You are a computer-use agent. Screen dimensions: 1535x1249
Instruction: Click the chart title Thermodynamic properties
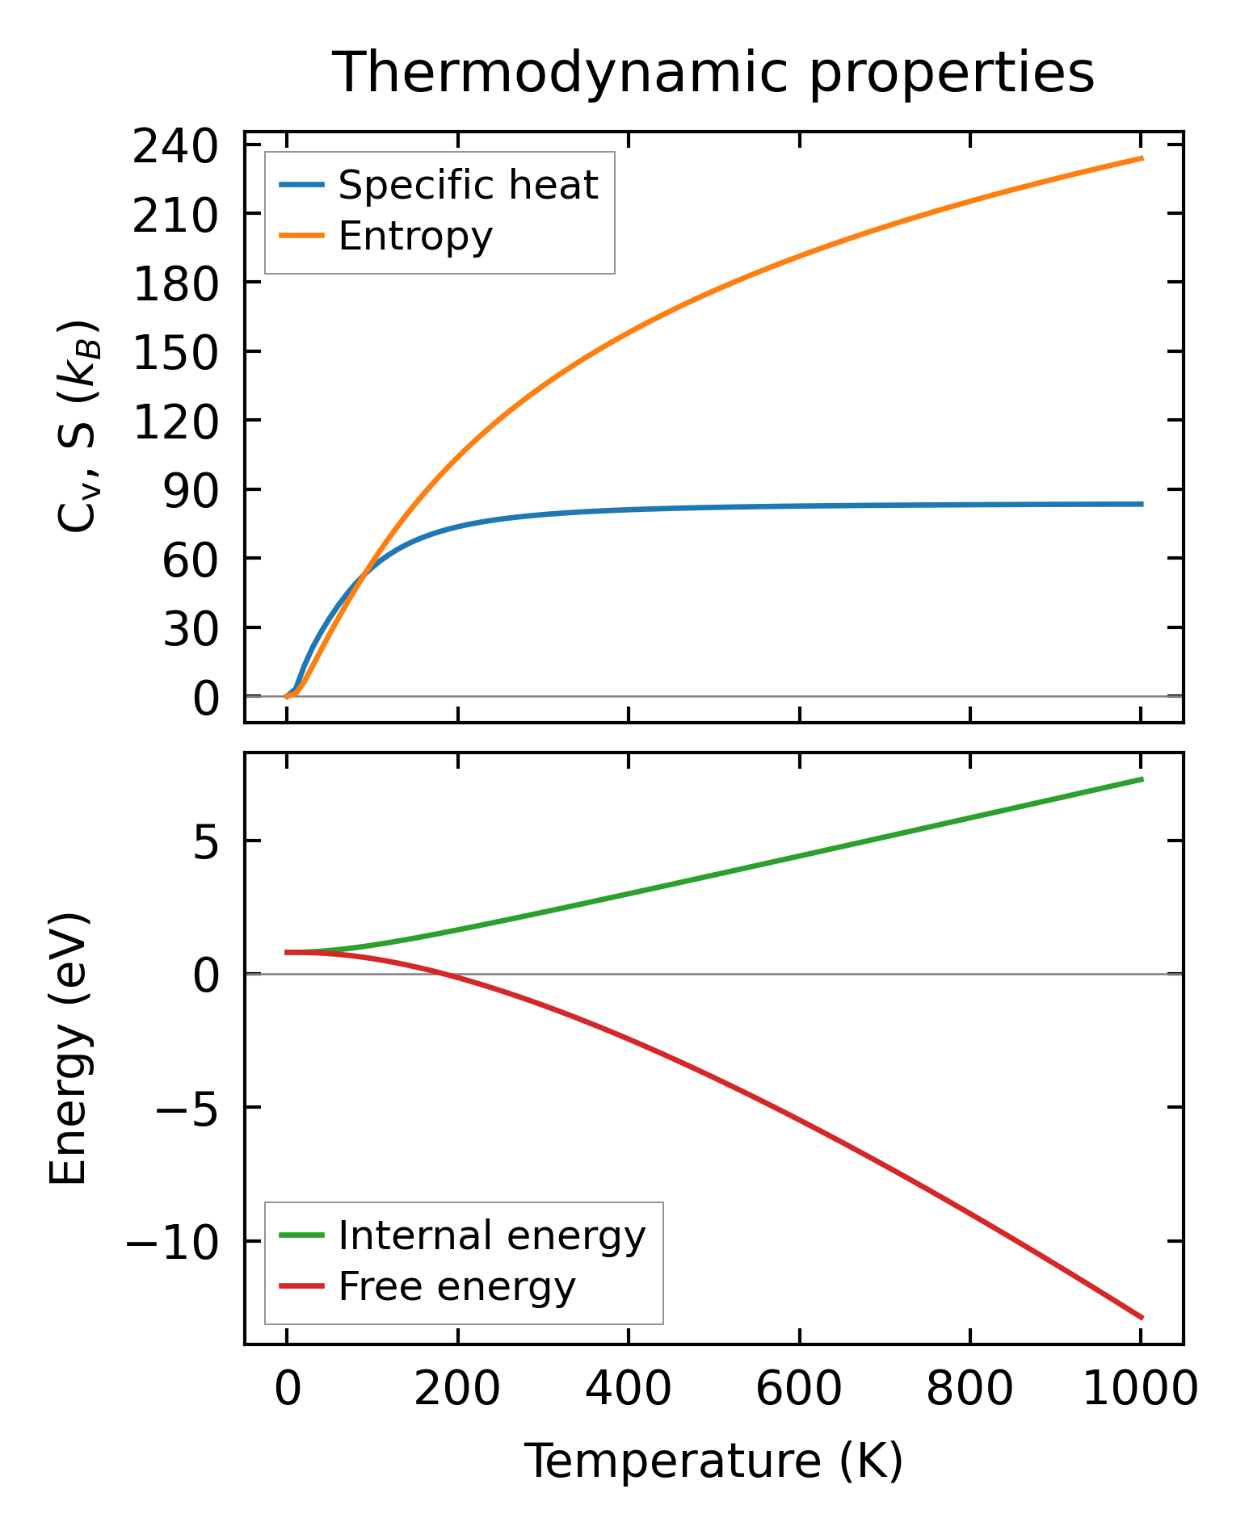713,73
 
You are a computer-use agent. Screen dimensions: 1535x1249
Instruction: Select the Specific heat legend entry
468,185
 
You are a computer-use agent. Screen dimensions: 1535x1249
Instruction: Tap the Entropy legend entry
415,236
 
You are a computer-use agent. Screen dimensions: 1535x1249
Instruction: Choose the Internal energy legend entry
492,1236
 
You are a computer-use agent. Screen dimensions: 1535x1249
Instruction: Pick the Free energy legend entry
456,1286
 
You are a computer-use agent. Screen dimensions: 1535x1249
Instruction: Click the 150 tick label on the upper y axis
175,354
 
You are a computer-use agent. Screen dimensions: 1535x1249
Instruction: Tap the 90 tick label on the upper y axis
191,492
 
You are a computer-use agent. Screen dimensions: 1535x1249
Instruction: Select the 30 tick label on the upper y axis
191,630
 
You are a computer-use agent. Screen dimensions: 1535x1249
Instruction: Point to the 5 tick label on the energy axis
206,843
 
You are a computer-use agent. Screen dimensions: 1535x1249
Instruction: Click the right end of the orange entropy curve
1142,158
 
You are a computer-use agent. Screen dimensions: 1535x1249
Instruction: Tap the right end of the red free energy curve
1142,1318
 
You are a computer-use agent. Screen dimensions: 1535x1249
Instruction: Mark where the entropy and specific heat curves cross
365,573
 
